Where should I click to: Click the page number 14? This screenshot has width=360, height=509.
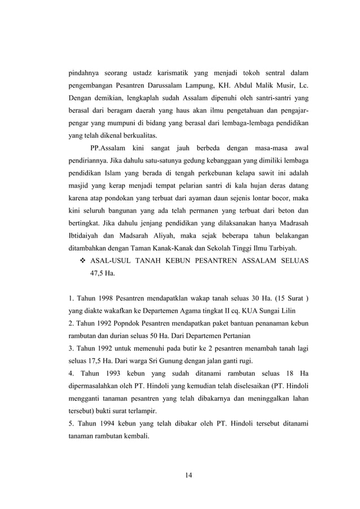pos(189,473)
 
